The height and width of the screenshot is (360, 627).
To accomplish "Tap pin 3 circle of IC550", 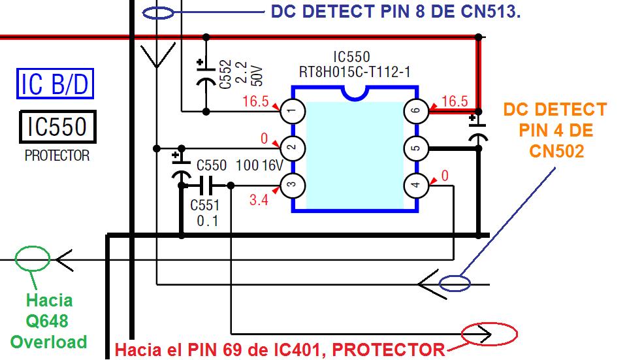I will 293,186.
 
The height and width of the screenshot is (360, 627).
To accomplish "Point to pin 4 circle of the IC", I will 416,186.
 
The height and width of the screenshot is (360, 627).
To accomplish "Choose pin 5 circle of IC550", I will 416,148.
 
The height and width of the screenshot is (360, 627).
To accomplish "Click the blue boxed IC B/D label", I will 55,85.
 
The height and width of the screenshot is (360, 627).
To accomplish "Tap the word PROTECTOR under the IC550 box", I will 57,157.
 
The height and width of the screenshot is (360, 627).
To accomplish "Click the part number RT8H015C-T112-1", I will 355,71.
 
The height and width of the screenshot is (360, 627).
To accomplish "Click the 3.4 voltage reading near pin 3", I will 259,200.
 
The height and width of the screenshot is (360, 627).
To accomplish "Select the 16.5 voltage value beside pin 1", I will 255,102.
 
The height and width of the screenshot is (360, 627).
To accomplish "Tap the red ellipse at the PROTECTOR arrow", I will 489,335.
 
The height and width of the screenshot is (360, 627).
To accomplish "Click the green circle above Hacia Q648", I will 33,259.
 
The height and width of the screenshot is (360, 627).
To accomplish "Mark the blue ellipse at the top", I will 157,12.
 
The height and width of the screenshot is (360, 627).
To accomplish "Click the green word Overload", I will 48,342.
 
